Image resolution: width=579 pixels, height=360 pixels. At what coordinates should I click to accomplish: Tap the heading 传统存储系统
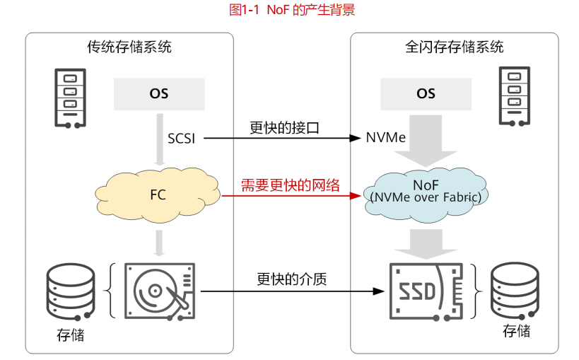129,47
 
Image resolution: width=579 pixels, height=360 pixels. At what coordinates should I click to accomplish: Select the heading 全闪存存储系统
455,47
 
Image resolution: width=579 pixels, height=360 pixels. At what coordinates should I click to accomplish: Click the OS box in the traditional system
159,93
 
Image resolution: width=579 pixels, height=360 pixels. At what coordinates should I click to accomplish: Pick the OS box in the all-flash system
426,93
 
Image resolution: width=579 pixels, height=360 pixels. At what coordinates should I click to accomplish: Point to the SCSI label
182,137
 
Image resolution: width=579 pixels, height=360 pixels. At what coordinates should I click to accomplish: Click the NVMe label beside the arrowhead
386,137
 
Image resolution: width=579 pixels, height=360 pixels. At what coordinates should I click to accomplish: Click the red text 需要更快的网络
291,186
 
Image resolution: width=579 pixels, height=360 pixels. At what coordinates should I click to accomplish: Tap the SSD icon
426,290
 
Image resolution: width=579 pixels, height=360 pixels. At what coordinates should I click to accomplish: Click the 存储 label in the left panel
70,335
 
